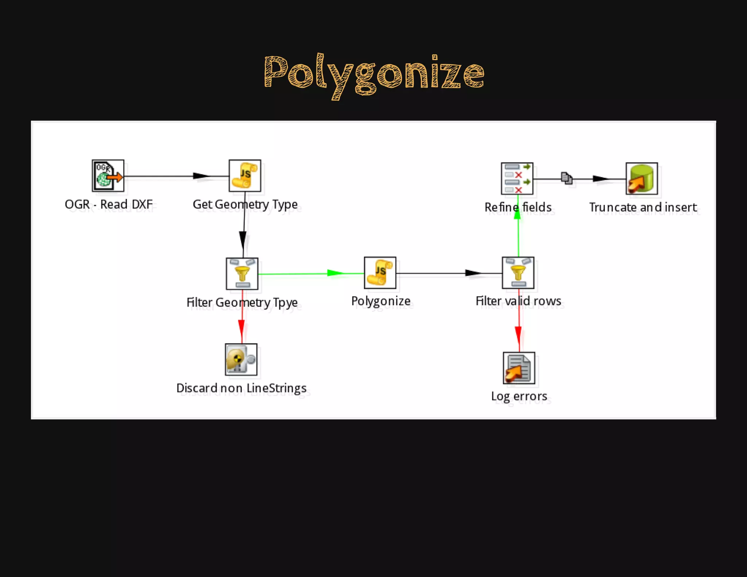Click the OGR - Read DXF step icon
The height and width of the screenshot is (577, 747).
click(x=108, y=176)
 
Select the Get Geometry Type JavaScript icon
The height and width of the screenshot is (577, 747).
click(x=245, y=176)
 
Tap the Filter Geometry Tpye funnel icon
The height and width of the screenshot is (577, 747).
click(x=242, y=274)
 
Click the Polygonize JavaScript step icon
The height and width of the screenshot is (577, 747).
click(x=380, y=272)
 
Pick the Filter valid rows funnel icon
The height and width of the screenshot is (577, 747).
click(x=518, y=273)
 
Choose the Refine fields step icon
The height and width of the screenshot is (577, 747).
click(x=517, y=178)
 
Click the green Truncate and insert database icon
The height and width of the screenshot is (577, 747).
click(x=642, y=178)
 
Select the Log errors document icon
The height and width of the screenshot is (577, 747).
click(x=519, y=368)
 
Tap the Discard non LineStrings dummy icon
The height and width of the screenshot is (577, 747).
click(x=241, y=359)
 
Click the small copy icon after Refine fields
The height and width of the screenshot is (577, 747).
click(x=566, y=178)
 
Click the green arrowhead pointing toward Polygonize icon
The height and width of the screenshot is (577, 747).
click(x=335, y=273)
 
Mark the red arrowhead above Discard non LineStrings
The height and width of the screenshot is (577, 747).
click(x=241, y=326)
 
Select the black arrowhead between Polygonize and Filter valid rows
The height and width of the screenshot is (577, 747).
click(x=473, y=273)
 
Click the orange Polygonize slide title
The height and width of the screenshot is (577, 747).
click(x=374, y=74)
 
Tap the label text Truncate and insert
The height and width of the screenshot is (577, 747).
click(x=643, y=207)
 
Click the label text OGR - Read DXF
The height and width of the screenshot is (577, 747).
click(x=108, y=204)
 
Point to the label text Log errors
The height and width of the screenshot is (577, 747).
click(x=519, y=396)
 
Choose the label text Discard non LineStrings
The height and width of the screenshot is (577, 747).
click(x=241, y=388)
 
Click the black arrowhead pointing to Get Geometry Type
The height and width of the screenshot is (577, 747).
click(x=201, y=176)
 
